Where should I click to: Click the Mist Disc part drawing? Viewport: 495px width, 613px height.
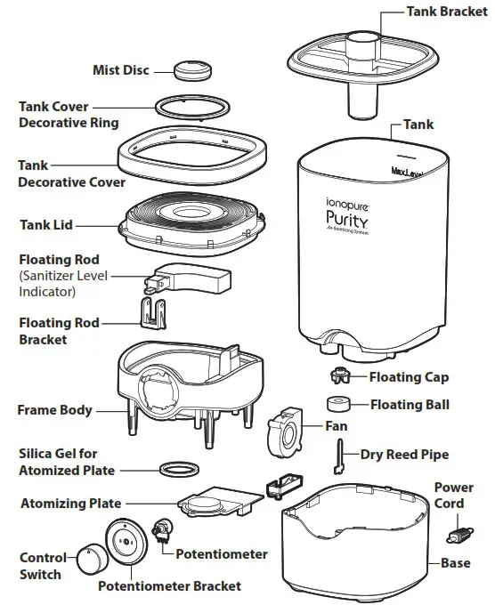[189, 70]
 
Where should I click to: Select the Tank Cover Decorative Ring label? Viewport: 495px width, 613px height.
[69, 114]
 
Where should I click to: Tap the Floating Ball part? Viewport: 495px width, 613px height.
[340, 405]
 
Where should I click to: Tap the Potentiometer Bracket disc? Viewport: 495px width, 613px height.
[126, 544]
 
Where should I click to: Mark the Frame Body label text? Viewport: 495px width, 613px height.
[54, 410]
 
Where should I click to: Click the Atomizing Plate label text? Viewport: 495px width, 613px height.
[71, 504]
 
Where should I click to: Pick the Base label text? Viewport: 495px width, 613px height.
[456, 563]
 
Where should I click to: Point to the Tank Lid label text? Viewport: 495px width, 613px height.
[45, 225]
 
